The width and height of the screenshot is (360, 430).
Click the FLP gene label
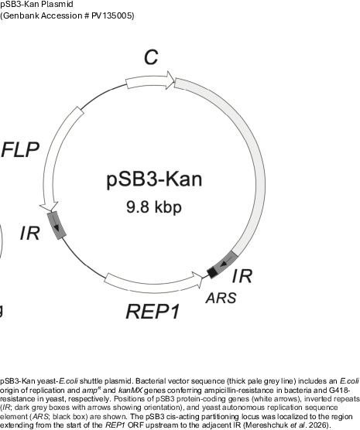[x=20, y=150]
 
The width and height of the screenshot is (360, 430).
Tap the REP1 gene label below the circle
[x=153, y=312]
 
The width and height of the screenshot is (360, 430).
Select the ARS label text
[x=221, y=298]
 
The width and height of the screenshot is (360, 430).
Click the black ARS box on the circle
[x=212, y=272]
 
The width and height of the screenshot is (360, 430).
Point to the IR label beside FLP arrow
[x=30, y=234]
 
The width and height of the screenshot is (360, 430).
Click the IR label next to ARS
[x=242, y=276]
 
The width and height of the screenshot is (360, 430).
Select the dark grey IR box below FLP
[x=57, y=225]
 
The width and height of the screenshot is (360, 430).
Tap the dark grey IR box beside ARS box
[x=226, y=262]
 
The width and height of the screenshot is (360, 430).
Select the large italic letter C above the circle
[x=151, y=57]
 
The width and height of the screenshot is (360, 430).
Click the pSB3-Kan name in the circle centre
[x=154, y=179]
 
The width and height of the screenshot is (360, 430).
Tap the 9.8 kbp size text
[x=154, y=207]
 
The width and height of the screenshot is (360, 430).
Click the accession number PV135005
[x=112, y=15]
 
